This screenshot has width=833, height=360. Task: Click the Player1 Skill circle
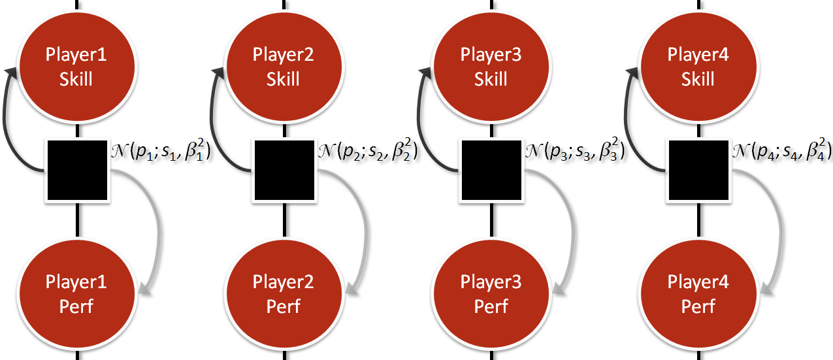(77, 67)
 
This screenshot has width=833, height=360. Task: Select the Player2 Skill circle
(284, 67)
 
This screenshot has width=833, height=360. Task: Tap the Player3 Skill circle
(491, 67)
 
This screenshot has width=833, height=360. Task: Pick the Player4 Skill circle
(698, 67)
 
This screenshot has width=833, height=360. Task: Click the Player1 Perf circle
(77, 294)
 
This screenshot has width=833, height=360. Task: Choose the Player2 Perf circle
(284, 294)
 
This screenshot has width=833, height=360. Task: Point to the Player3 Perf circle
(491, 294)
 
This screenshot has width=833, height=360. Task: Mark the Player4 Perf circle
(698, 294)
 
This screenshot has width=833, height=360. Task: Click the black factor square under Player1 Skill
(77, 170)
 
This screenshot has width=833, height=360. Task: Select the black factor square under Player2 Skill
(284, 170)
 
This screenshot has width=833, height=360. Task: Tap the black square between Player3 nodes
(492, 170)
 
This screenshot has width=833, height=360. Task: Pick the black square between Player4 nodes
(698, 170)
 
